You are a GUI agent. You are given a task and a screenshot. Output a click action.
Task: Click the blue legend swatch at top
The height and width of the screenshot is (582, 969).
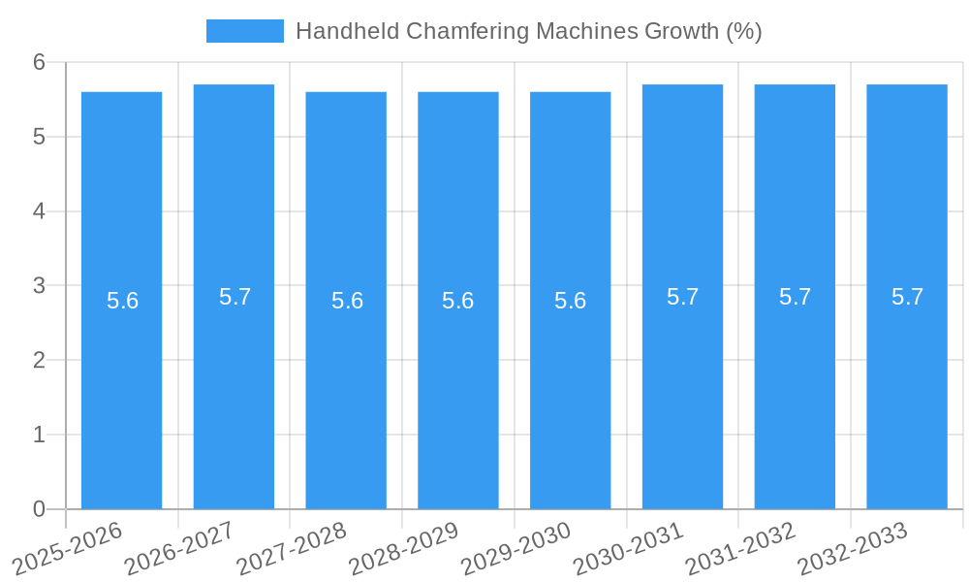click(x=244, y=31)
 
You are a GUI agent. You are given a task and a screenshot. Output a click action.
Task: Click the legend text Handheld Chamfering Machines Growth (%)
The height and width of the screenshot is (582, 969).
click(x=528, y=31)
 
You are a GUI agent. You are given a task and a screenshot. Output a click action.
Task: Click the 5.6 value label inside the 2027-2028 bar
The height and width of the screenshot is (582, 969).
click(x=347, y=301)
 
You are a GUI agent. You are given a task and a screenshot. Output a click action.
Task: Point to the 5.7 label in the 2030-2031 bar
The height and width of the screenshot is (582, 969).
click(x=682, y=297)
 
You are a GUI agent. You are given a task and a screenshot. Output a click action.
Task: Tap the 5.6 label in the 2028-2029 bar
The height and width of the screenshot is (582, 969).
click(x=457, y=301)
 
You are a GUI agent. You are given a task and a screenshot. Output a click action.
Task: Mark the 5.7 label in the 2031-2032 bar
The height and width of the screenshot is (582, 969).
click(x=795, y=297)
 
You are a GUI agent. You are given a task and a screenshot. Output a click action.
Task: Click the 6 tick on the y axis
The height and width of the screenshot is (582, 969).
click(x=39, y=62)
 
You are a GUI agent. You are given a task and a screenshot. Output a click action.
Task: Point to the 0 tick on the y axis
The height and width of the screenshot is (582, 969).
click(x=39, y=509)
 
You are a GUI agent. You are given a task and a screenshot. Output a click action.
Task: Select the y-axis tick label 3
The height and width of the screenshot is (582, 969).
click(x=39, y=285)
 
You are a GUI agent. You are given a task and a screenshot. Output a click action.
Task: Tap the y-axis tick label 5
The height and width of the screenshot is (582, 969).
click(x=39, y=137)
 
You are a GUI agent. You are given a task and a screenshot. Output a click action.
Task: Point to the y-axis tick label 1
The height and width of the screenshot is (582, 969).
click(x=39, y=435)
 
